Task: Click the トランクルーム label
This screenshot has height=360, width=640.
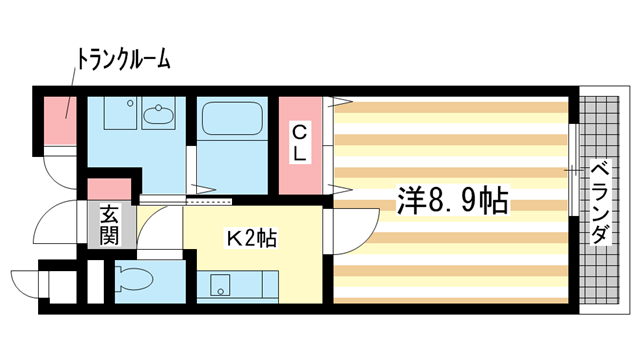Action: [x=123, y=60]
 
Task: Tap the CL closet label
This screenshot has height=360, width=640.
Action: [x=300, y=143]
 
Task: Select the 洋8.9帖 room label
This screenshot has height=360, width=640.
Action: [x=453, y=200]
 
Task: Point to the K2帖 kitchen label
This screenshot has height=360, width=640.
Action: [x=252, y=239]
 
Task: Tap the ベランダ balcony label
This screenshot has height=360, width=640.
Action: [x=600, y=203]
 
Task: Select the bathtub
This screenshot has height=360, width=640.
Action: [x=232, y=118]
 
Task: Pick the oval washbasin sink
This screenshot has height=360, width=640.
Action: [x=158, y=114]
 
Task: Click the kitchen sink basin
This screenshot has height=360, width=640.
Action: [x=220, y=285]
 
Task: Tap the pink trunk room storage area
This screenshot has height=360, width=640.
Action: [x=60, y=120]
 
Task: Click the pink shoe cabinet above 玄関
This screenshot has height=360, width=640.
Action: [x=109, y=189]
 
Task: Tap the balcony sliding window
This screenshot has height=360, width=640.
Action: [x=573, y=170]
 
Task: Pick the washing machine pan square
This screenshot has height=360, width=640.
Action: [x=119, y=113]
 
